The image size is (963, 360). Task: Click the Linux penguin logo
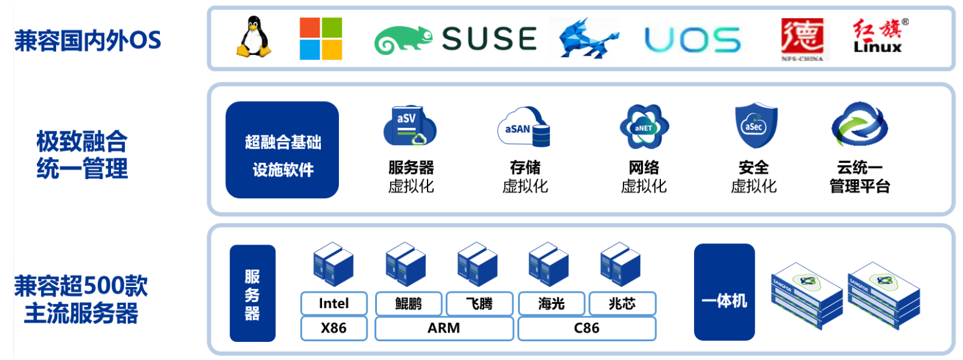[x=253, y=37]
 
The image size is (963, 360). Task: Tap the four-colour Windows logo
[x=321, y=39]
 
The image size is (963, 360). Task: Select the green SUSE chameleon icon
[x=403, y=40]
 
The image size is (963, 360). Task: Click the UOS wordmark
[x=693, y=40]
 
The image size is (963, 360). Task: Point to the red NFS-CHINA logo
[x=802, y=39]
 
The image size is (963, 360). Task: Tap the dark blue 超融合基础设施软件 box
[x=282, y=150]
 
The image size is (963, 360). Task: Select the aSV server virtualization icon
[x=409, y=125]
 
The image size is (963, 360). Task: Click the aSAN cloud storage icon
[x=524, y=127]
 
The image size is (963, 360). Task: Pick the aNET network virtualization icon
[x=644, y=127]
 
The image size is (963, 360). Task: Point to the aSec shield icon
[x=756, y=125]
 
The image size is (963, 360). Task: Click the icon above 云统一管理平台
[x=859, y=125]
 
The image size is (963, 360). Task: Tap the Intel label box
[x=334, y=304]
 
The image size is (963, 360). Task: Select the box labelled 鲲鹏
[x=408, y=304]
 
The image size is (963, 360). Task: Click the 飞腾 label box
[x=480, y=304]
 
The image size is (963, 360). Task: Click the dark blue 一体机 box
[x=725, y=292]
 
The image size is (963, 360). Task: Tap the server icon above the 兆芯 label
[x=620, y=264]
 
